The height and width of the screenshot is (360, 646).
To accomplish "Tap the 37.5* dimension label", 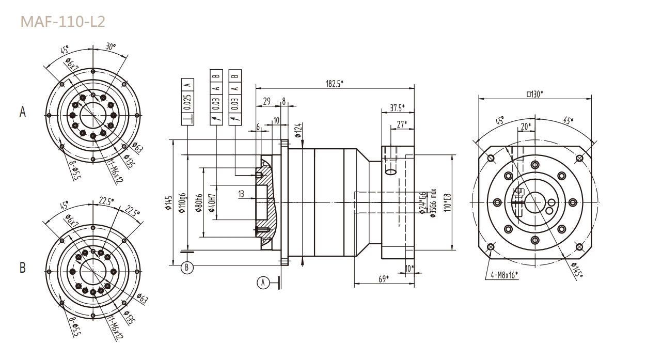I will coord(396,108).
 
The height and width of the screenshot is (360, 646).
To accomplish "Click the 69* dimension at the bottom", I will coord(383,279).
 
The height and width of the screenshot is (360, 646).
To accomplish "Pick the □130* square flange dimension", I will coord(538,94).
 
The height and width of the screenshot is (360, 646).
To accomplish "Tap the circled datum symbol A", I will coord(263,282).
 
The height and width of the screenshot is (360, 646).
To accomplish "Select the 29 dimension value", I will coord(266,102).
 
